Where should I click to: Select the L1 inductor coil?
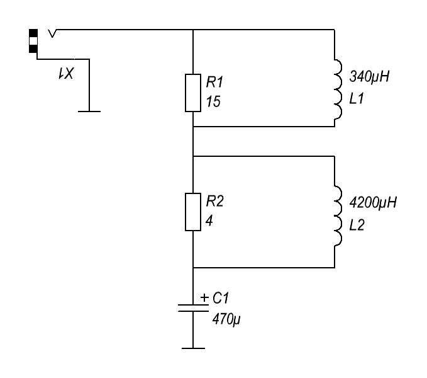(x=338, y=89)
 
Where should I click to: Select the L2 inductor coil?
(x=338, y=215)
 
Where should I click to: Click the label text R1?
(x=214, y=82)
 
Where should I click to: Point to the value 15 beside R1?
(x=213, y=101)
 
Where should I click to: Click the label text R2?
(x=215, y=201)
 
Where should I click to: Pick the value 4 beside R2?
(x=209, y=221)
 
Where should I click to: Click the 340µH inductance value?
(x=369, y=77)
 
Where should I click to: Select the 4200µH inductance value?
(x=373, y=203)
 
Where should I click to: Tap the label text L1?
(x=357, y=98)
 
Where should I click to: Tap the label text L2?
(x=357, y=226)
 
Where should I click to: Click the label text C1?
(x=221, y=298)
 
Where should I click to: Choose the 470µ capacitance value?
(x=226, y=319)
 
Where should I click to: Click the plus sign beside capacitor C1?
(x=204, y=297)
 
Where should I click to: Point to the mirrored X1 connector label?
(x=66, y=74)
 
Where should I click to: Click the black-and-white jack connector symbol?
(x=33, y=41)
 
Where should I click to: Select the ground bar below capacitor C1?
(x=193, y=348)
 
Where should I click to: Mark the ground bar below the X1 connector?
(x=89, y=112)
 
